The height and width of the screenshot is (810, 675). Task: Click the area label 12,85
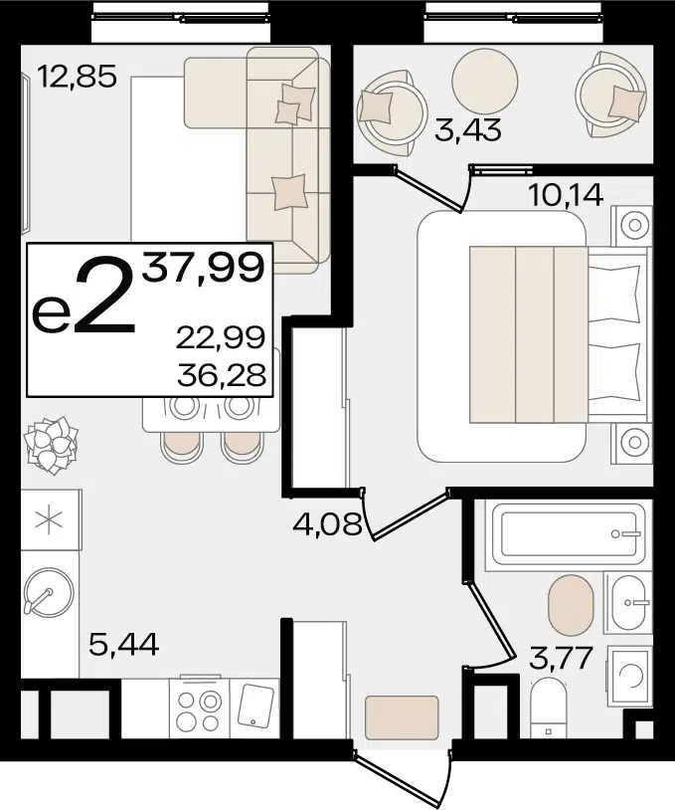click(x=78, y=78)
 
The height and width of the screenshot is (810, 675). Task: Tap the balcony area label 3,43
click(x=468, y=129)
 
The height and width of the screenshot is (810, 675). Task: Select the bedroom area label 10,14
click(x=566, y=195)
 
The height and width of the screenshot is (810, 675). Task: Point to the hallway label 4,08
click(x=327, y=524)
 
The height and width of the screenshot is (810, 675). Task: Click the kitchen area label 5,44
click(x=124, y=644)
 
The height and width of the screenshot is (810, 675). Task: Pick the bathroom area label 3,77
click(x=561, y=658)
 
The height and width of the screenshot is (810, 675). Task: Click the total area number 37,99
click(x=204, y=268)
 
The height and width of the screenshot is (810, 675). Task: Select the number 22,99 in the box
click(x=221, y=337)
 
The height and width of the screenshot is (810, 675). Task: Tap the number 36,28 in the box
click(x=222, y=375)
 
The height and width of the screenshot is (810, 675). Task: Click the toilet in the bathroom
click(x=549, y=709)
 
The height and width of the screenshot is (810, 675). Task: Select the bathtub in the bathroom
click(x=569, y=534)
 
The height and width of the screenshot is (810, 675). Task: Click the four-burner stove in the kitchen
click(x=199, y=709)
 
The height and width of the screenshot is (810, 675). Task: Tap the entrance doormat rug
click(x=402, y=718)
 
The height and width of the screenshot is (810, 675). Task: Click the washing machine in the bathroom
click(x=629, y=674)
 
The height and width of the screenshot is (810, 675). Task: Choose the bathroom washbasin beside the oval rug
click(x=627, y=602)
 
